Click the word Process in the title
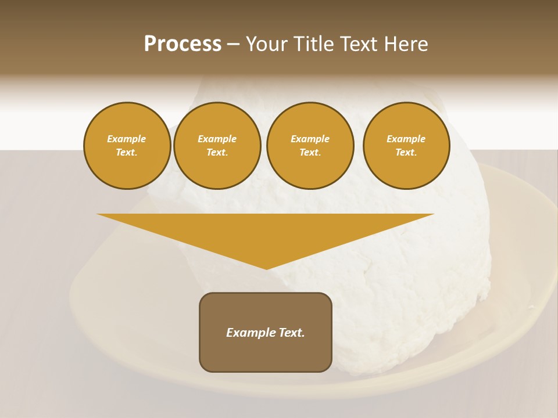pos(183,44)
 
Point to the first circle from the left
pos(127,146)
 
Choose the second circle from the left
pos(217,146)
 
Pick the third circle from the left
pos(310,146)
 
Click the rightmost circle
pos(406,146)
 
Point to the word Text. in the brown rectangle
pos(291,333)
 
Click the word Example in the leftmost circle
pos(127,139)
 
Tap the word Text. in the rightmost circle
pos(406,153)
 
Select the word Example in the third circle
pos(310,139)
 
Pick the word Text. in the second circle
pos(217,153)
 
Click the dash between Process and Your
pos(234,44)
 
